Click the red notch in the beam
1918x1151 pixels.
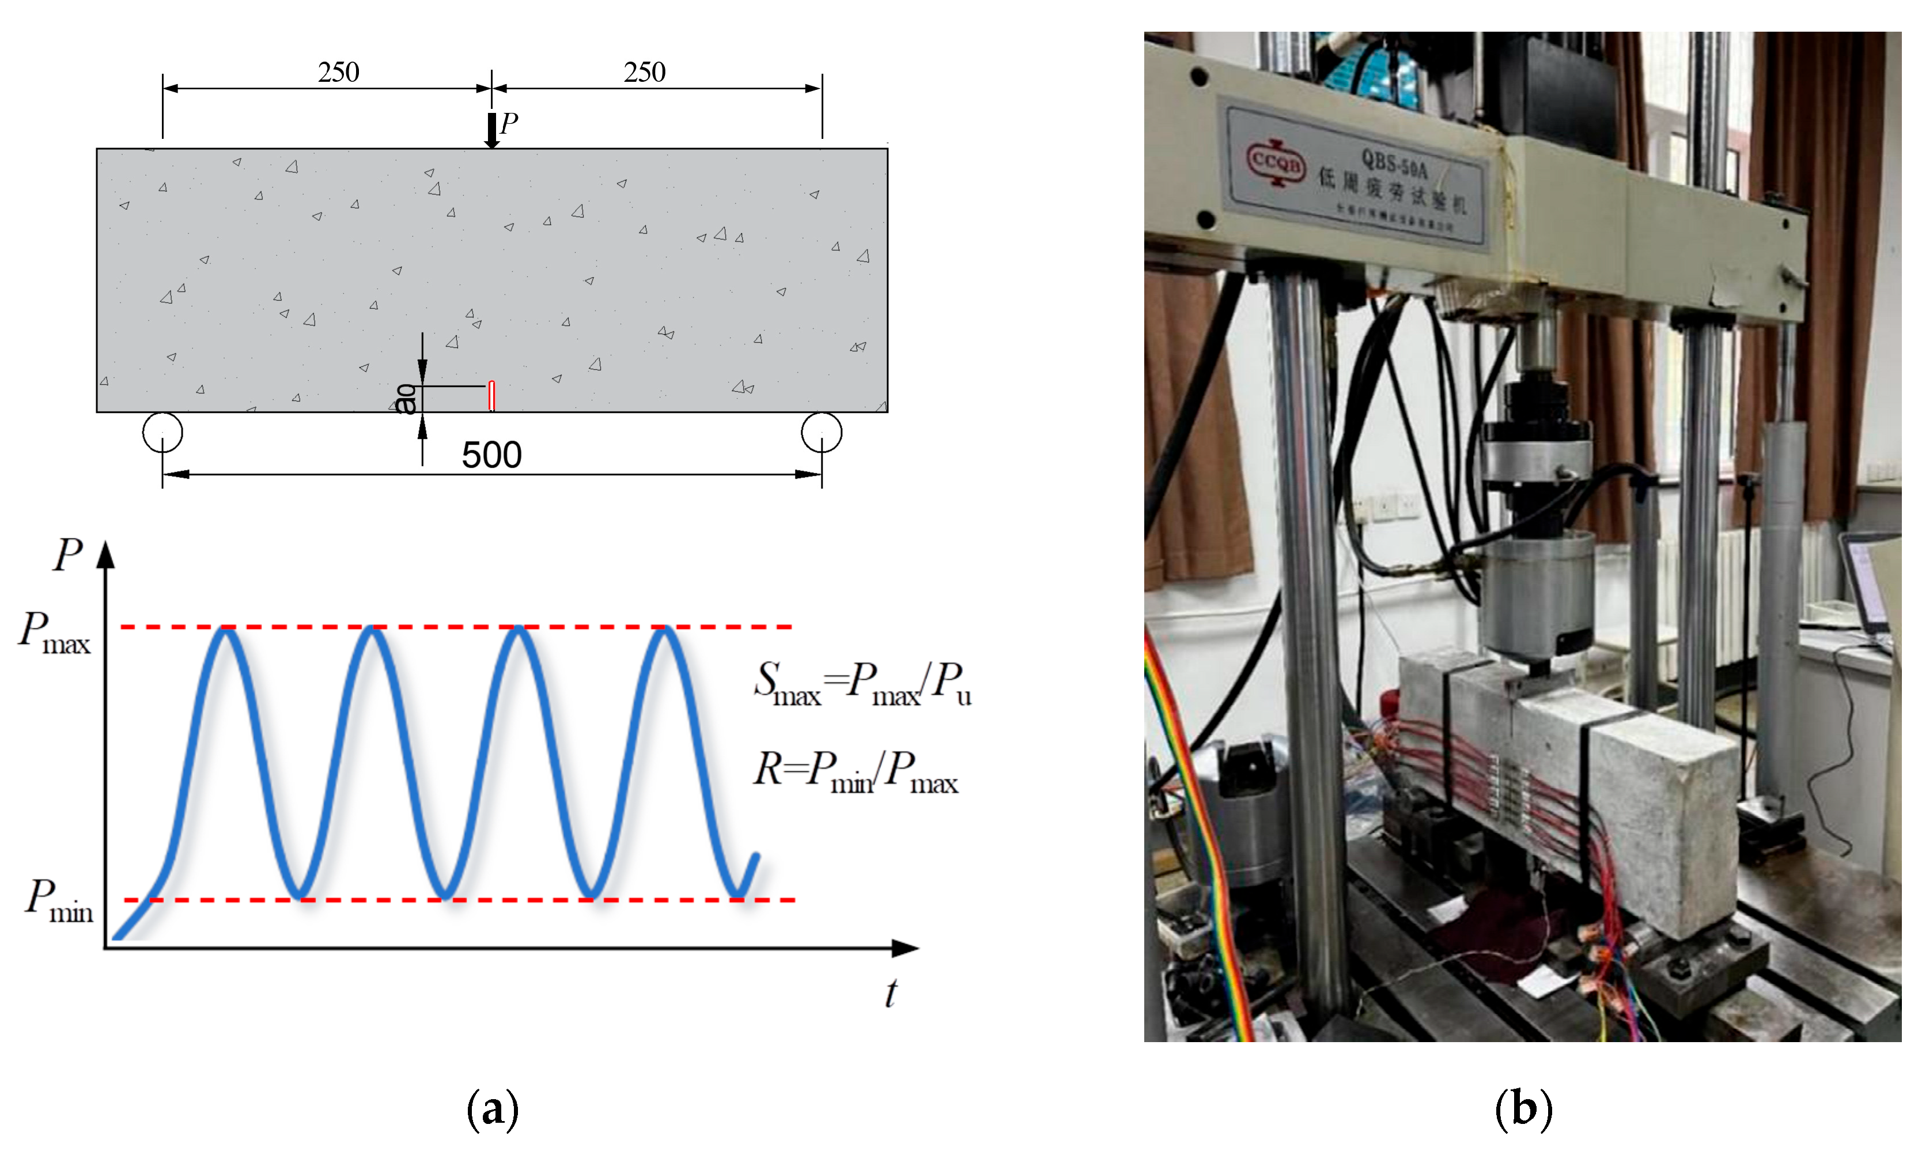coord(491,396)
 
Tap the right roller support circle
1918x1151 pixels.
coord(822,432)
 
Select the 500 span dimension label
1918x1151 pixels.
coord(491,455)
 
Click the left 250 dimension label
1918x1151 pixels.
coord(338,72)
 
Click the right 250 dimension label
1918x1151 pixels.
coord(645,72)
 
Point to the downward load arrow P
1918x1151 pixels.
coord(491,130)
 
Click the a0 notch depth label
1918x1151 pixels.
coord(406,399)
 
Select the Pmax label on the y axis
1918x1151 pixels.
coord(54,633)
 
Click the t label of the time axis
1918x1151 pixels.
coord(891,993)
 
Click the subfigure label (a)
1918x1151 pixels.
coord(493,1108)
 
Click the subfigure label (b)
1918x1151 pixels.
coord(1523,1108)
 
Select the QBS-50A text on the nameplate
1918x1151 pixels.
coord(1394,164)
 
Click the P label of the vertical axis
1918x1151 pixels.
coord(67,555)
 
